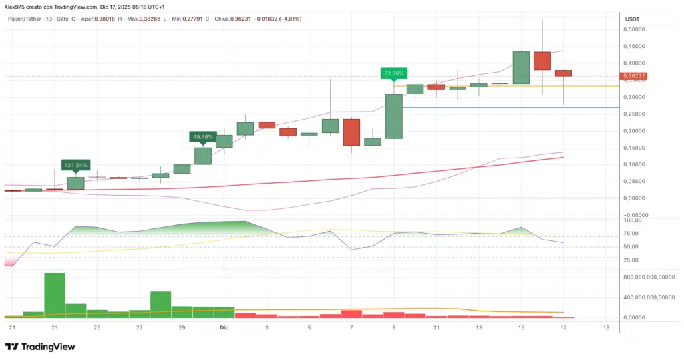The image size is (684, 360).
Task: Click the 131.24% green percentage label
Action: pyautogui.click(x=75, y=164)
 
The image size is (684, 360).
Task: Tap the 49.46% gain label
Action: pyautogui.click(x=202, y=136)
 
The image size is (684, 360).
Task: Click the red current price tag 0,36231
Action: pyautogui.click(x=634, y=77)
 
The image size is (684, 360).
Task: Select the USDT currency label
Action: pyautogui.click(x=633, y=19)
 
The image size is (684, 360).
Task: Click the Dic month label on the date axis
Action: pyautogui.click(x=224, y=328)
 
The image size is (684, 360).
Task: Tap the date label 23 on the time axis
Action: pyautogui.click(x=54, y=328)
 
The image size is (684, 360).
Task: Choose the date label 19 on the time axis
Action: pyautogui.click(x=606, y=328)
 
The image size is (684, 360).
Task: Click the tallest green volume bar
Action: pyautogui.click(x=54, y=295)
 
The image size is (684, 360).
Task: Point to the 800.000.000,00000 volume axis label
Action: pyautogui.click(x=648, y=277)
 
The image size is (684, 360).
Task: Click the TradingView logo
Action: pyautogui.click(x=40, y=347)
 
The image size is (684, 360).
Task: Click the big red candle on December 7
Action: pyautogui.click(x=351, y=132)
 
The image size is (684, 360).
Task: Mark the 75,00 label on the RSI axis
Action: pyautogui.click(x=632, y=234)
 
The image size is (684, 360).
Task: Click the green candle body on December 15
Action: pyautogui.click(x=521, y=67)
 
